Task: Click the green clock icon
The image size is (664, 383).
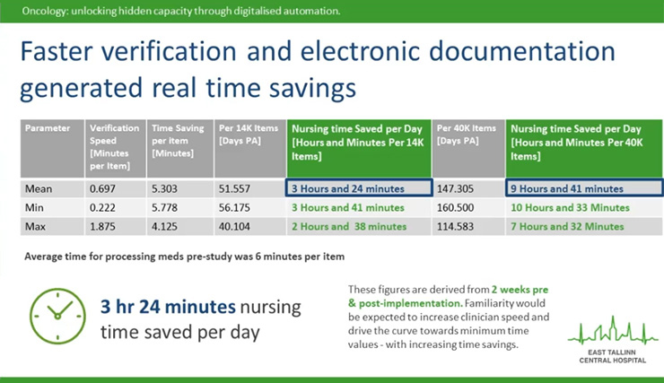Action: click(x=57, y=316)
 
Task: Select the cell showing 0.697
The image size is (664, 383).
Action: click(x=115, y=188)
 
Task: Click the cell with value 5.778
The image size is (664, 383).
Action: click(x=180, y=207)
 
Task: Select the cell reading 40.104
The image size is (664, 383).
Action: click(x=249, y=226)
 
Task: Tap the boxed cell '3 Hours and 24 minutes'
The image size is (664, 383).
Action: click(x=359, y=187)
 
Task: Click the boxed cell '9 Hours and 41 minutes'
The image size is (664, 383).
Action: click(x=584, y=187)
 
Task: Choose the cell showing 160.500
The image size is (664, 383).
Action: click(x=468, y=207)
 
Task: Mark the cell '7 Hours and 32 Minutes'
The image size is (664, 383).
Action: click(x=584, y=226)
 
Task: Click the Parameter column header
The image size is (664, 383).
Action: click(x=52, y=148)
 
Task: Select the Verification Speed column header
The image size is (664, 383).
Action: click(x=115, y=148)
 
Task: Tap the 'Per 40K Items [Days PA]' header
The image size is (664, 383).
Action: click(x=468, y=148)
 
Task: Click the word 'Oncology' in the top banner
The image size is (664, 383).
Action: click(x=44, y=11)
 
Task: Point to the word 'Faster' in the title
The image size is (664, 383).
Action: click(x=57, y=51)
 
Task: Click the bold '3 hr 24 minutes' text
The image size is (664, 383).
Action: click(x=168, y=307)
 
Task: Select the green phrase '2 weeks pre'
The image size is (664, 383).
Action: click(x=520, y=290)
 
